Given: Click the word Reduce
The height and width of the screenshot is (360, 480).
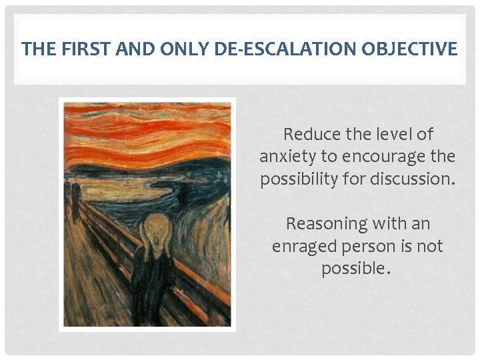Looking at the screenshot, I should tap(309, 134).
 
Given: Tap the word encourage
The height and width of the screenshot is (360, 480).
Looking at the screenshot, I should tap(387, 157).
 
